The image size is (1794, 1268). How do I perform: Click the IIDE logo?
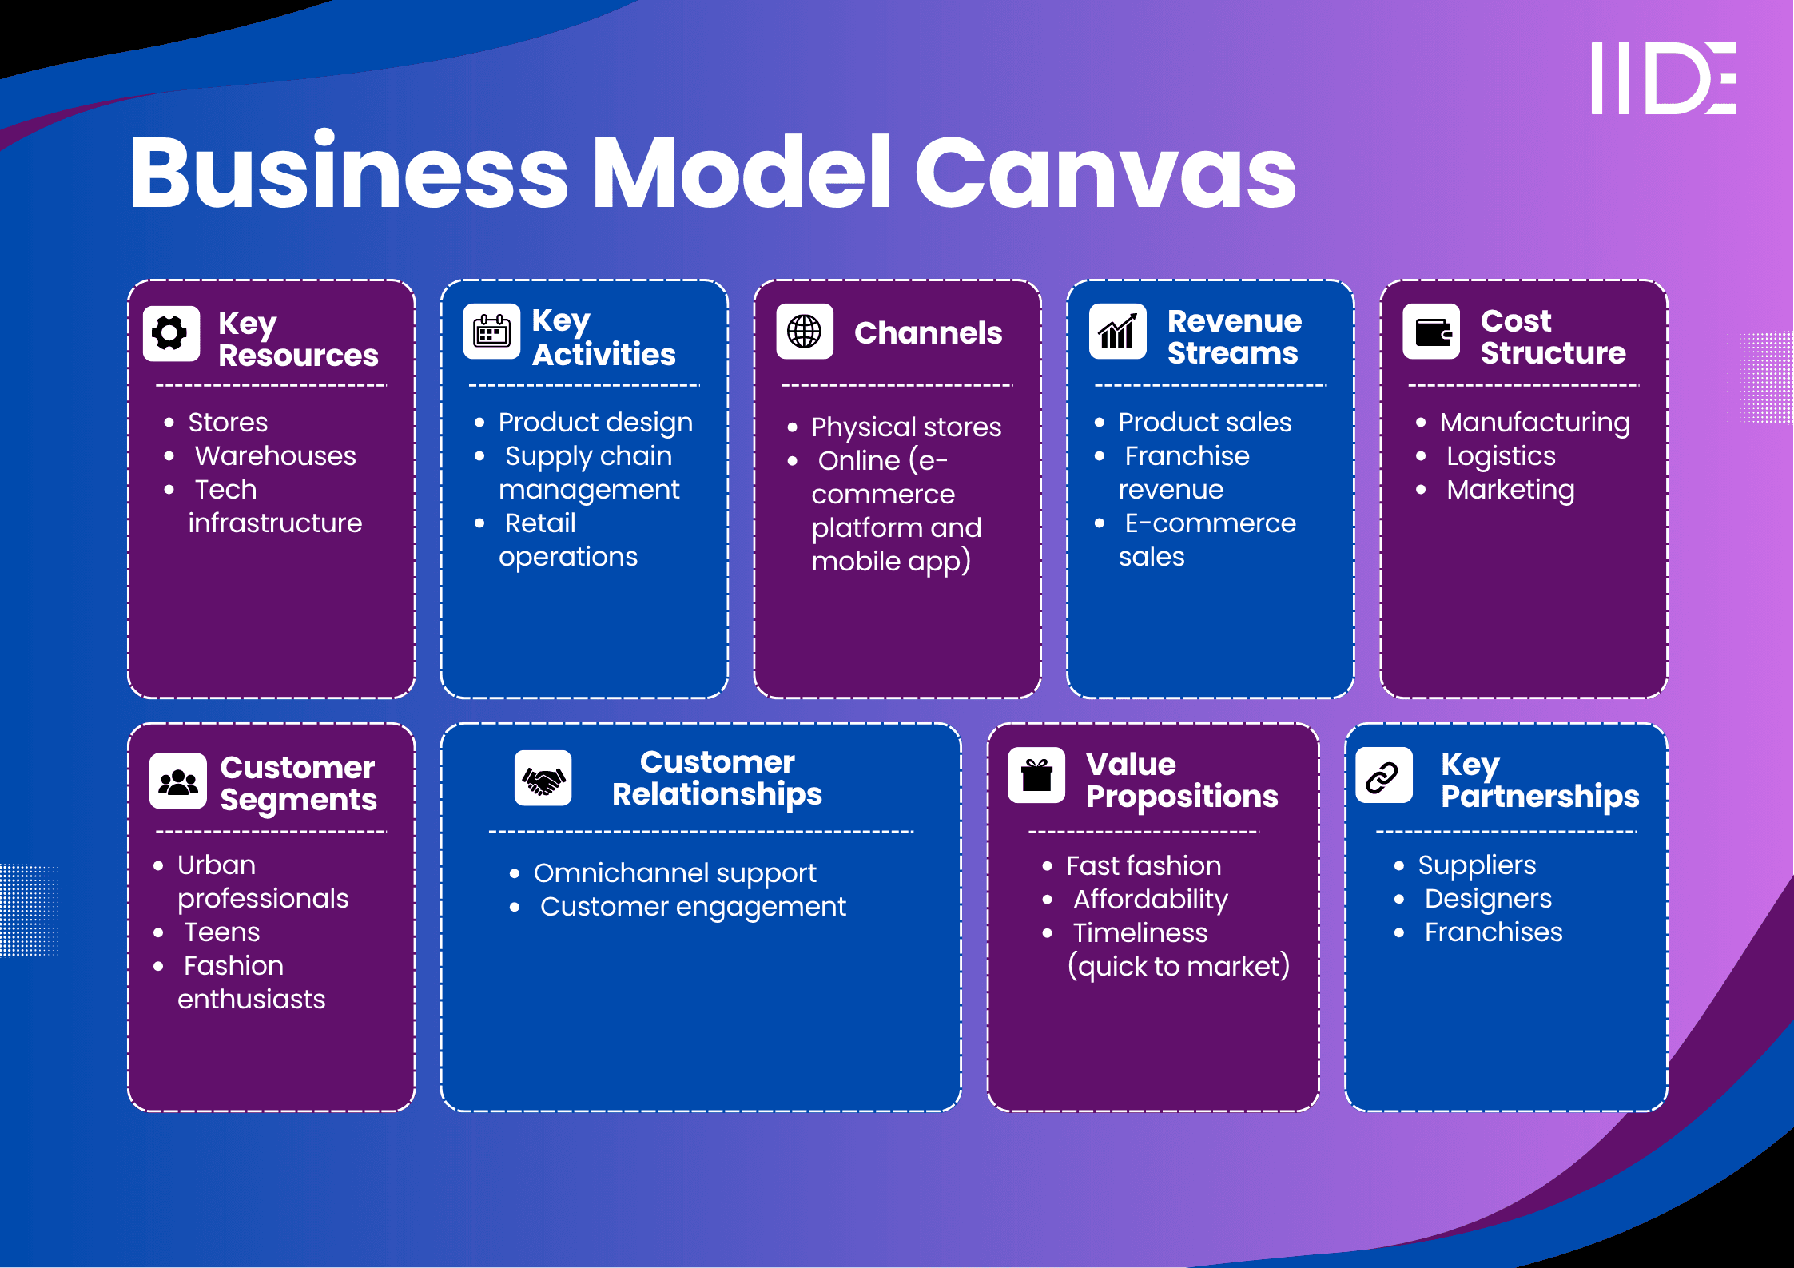tap(1663, 78)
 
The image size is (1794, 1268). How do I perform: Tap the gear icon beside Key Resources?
tap(171, 333)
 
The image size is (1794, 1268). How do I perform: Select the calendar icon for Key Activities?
tap(491, 332)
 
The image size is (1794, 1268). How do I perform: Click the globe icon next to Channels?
tap(804, 332)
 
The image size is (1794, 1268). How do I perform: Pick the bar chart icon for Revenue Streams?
tap(1117, 332)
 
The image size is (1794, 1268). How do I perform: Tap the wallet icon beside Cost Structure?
tap(1431, 332)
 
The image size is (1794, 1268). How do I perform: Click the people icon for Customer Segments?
tap(178, 781)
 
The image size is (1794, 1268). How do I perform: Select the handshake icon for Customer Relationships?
tap(543, 778)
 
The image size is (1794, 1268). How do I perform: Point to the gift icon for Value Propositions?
tap(1036, 775)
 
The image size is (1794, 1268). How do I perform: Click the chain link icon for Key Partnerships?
tap(1382, 776)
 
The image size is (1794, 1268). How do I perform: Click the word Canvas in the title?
tap(1105, 173)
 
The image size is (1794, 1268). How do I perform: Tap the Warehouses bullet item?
tap(276, 456)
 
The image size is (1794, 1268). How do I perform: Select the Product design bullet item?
tap(595, 423)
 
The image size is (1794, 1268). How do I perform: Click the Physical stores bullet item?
tap(906, 427)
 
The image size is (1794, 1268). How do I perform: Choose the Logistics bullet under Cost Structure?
tap(1501, 456)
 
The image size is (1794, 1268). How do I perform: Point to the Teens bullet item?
tap(221, 932)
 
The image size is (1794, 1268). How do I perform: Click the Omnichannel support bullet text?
tap(675, 873)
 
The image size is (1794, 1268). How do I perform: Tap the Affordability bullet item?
tap(1150, 900)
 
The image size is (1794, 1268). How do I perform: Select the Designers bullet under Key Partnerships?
tap(1488, 899)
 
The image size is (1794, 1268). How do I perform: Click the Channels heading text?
tap(928, 333)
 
